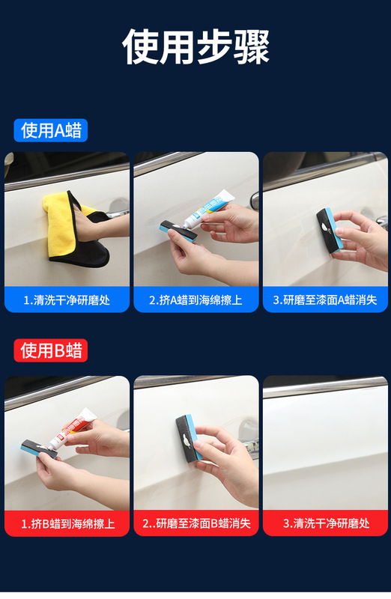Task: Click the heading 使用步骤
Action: pos(195,46)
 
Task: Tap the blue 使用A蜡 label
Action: pos(51,130)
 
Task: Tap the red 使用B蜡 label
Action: pos(51,350)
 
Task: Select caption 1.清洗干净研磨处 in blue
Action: pos(67,300)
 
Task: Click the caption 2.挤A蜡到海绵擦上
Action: pos(195,300)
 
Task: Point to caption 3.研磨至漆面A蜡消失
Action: pos(325,300)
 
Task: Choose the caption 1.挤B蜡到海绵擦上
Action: pos(67,523)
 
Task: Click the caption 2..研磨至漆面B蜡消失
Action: pos(196,523)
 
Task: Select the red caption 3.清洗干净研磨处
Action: pos(326,523)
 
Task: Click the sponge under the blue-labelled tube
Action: pos(178,231)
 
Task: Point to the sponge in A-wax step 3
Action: pos(329,231)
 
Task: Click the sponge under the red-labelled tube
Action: pos(40,449)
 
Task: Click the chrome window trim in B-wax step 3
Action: pos(325,386)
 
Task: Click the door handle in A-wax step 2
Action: pos(255,201)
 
